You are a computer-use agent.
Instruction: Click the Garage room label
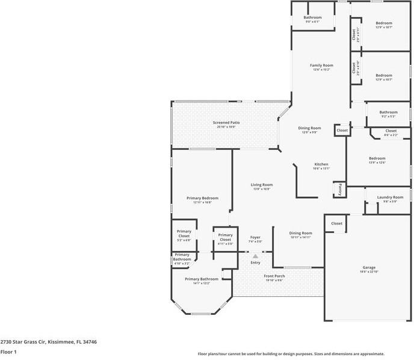click(x=368, y=267)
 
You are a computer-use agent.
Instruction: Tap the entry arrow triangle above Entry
click(x=255, y=256)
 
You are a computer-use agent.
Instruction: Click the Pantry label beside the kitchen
click(x=340, y=189)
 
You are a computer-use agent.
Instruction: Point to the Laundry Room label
click(x=390, y=197)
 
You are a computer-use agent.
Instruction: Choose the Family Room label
click(x=321, y=65)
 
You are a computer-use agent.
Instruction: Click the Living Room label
click(x=262, y=185)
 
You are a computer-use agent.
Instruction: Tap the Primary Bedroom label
click(x=202, y=198)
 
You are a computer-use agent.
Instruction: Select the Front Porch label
click(x=274, y=276)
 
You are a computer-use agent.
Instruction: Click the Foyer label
click(x=255, y=237)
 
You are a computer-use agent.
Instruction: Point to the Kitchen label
click(x=321, y=164)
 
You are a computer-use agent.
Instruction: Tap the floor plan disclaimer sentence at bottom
click(x=291, y=354)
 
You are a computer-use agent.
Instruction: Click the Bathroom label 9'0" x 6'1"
click(x=312, y=17)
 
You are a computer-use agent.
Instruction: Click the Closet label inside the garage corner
click(x=336, y=223)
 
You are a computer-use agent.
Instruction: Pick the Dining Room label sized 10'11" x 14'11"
click(x=300, y=233)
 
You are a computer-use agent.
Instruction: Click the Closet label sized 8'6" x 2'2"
click(x=391, y=131)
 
